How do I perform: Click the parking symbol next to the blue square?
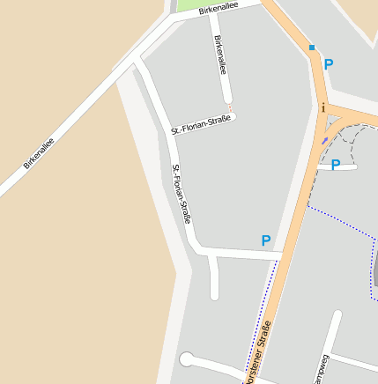tap(329, 64)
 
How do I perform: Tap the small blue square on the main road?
tap(312, 48)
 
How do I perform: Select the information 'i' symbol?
tap(323, 108)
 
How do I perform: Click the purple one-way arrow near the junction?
tap(324, 139)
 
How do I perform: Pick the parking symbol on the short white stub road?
tap(335, 164)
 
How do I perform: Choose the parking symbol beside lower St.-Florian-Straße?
tap(265, 240)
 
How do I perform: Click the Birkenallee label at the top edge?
tap(219, 9)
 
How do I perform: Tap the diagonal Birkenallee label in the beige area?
tap(39, 152)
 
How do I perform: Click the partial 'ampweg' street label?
tap(319, 369)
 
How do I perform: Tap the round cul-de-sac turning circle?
tap(186, 358)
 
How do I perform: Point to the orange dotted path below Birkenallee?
tap(230, 109)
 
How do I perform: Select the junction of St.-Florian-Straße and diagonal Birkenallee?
tap(136, 63)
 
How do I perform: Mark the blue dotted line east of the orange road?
tap(339, 218)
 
